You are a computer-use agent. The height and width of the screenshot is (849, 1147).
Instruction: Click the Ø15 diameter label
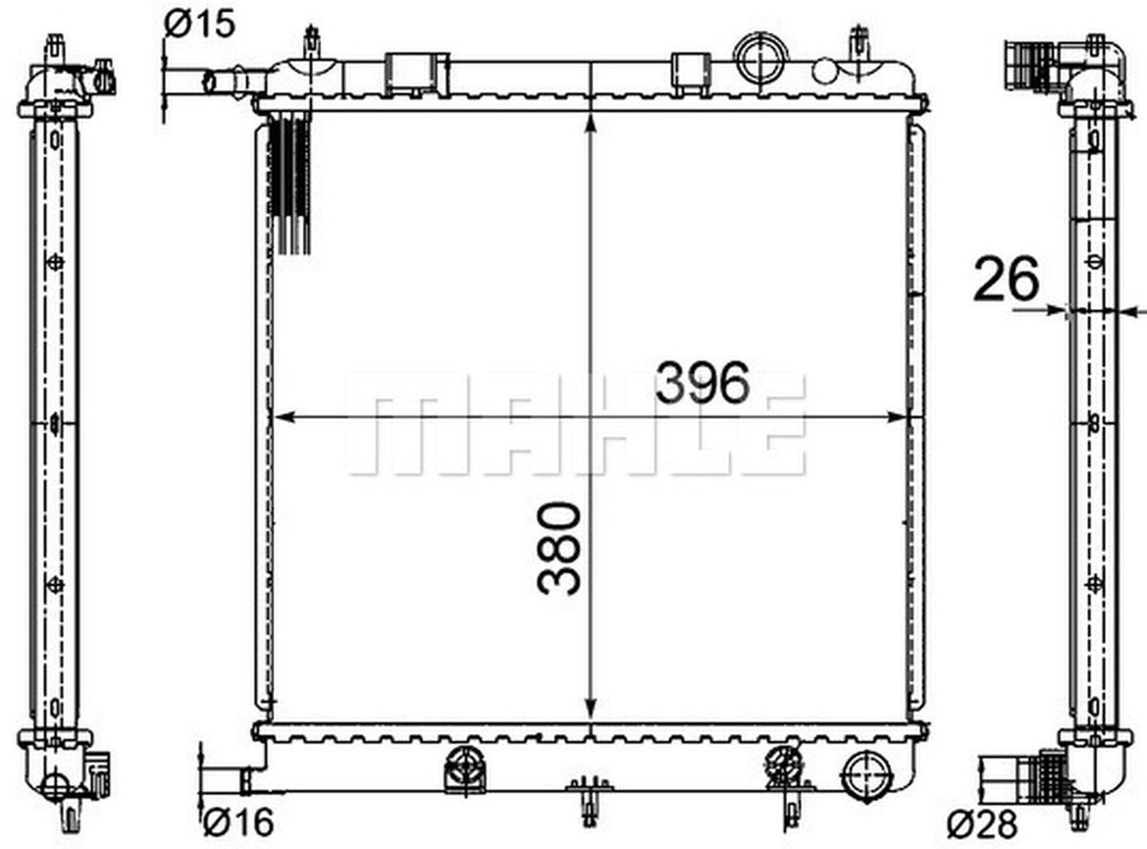pyautogui.click(x=200, y=25)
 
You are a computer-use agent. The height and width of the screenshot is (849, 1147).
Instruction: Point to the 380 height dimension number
pyautogui.click(x=560, y=548)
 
